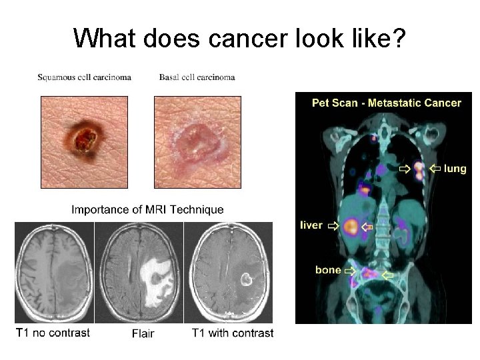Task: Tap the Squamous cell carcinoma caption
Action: pyautogui.click(x=84, y=77)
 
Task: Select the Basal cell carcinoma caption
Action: pyautogui.click(x=197, y=77)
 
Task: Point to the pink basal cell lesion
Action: pyautogui.click(x=196, y=137)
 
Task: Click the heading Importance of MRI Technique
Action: pyautogui.click(x=147, y=209)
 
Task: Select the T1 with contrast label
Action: pyautogui.click(x=232, y=333)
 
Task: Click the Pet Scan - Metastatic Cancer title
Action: pyautogui.click(x=387, y=103)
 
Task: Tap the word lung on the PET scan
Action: pyautogui.click(x=455, y=169)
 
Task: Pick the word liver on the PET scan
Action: pyautogui.click(x=311, y=225)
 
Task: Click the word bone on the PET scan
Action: pyautogui.click(x=328, y=270)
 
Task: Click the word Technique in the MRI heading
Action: pyautogui.click(x=197, y=209)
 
